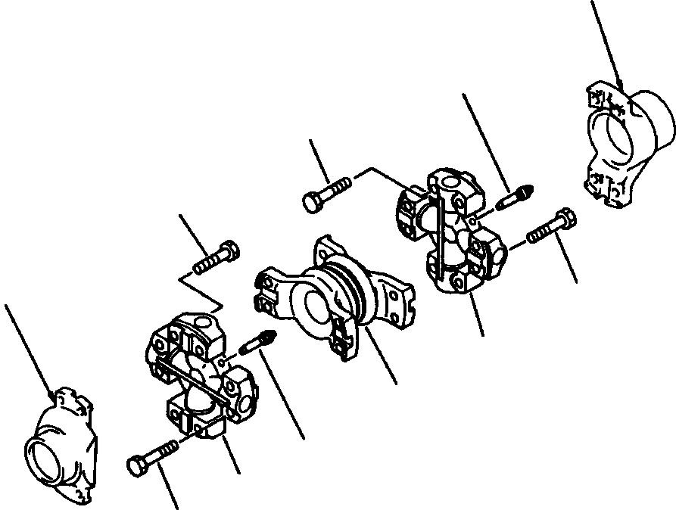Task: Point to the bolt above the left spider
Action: click(x=217, y=257)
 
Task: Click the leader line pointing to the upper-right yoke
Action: click(x=606, y=42)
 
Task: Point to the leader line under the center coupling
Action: click(x=382, y=356)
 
